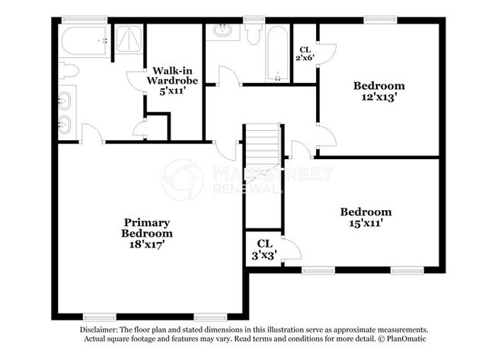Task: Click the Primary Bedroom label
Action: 147,228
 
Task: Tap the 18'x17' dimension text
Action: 147,244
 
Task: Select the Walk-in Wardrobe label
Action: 172,75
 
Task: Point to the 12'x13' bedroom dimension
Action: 378,97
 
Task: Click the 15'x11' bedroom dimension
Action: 366,223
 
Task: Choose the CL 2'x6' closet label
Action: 305,53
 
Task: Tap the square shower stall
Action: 129,39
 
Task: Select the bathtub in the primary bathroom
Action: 85,40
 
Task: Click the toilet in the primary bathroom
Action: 69,71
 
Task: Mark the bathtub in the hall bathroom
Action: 277,53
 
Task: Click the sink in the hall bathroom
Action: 223,30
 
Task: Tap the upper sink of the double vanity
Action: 64,101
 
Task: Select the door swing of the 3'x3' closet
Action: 292,248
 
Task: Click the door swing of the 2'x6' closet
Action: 327,54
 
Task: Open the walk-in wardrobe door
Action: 136,81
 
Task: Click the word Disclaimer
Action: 99,330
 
